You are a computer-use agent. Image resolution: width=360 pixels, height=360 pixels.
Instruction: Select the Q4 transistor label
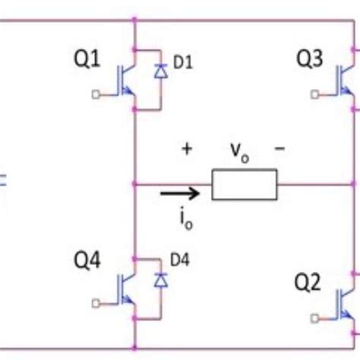click(x=87, y=262)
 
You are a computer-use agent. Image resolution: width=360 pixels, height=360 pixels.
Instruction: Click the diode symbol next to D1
click(x=160, y=72)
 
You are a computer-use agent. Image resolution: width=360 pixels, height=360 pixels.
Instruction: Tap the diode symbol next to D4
click(x=160, y=280)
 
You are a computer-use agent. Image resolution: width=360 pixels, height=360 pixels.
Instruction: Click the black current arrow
click(x=181, y=193)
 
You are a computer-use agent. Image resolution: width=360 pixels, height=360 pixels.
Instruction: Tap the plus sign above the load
click(x=187, y=149)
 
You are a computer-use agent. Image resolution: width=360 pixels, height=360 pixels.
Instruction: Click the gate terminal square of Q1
click(x=94, y=95)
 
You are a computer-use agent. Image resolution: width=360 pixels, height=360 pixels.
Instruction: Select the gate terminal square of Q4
click(x=94, y=303)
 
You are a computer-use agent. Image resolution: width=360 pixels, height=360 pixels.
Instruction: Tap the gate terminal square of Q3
click(x=315, y=95)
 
